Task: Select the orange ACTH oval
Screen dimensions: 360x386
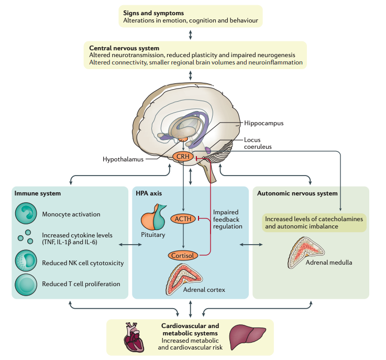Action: coord(183,219)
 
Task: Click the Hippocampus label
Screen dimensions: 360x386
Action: coord(263,123)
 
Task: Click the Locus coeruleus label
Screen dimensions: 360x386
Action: coord(260,143)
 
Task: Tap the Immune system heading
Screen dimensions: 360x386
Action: coord(38,193)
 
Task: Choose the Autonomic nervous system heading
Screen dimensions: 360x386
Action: coord(296,193)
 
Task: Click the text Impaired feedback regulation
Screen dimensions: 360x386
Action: coord(227,219)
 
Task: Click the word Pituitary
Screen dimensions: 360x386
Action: coord(153,235)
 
